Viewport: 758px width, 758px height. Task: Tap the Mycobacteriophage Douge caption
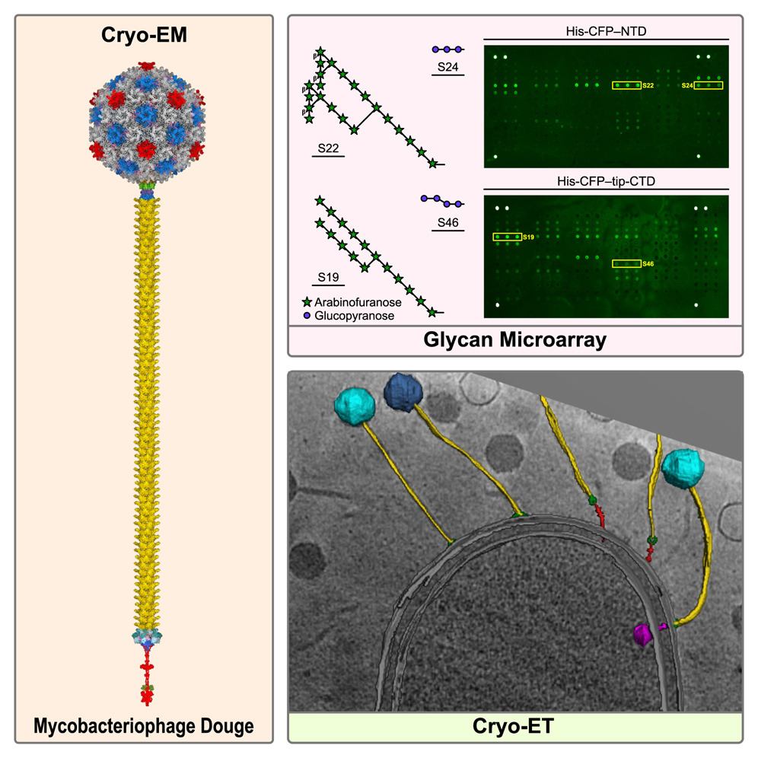pos(143,727)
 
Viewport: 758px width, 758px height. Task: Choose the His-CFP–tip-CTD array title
pos(607,180)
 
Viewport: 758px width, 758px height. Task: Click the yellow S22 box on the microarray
pos(626,85)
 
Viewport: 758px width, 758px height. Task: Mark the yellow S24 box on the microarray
pos(708,85)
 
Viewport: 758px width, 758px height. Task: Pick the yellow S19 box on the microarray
pos(507,237)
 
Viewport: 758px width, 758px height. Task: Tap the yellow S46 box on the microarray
pos(626,264)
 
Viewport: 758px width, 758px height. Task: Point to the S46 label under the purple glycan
pos(447,221)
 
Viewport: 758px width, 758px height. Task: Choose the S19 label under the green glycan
pos(328,279)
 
